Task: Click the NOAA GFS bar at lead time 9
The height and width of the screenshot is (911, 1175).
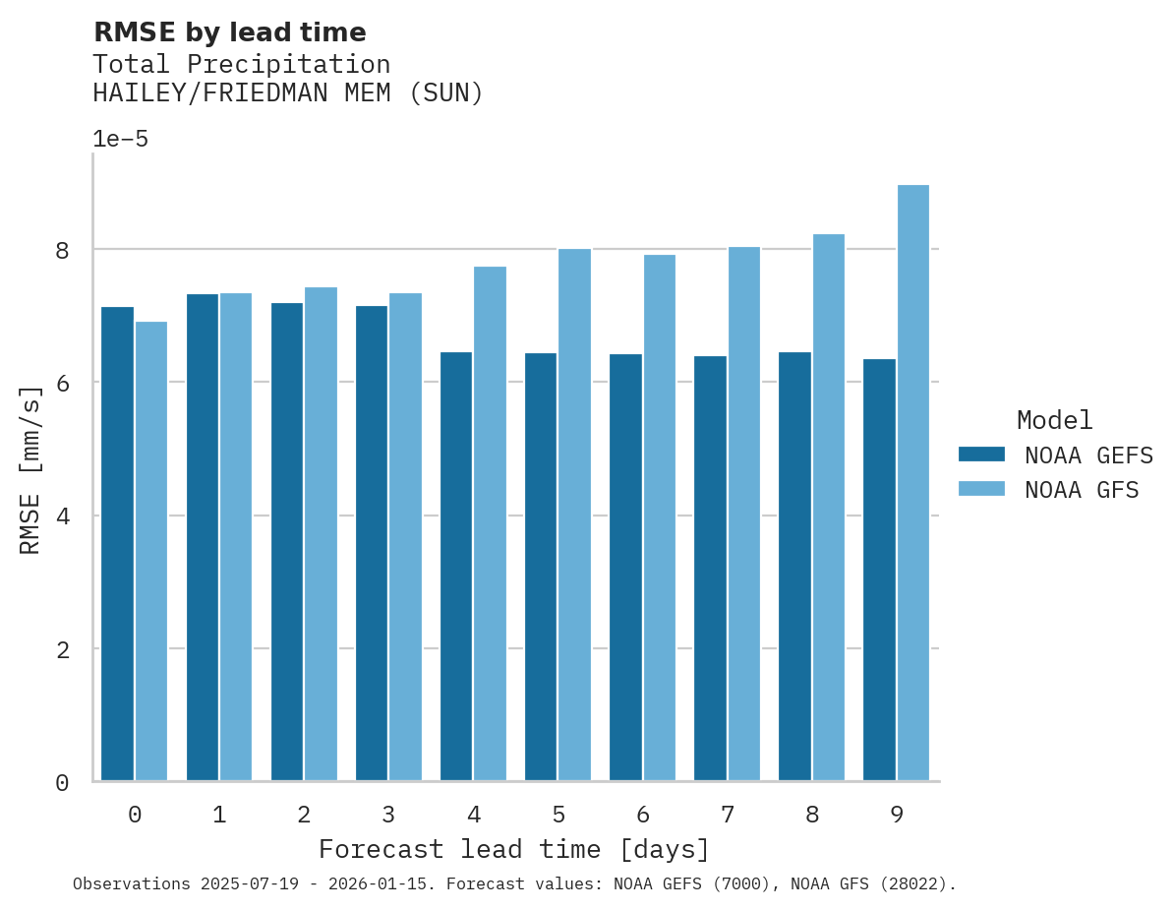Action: click(913, 483)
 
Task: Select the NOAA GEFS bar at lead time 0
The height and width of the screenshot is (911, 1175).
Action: click(118, 544)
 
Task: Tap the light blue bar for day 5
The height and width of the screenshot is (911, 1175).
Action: click(575, 515)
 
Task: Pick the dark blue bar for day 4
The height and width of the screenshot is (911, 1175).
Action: click(456, 567)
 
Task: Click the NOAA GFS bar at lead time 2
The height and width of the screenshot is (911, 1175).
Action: click(322, 534)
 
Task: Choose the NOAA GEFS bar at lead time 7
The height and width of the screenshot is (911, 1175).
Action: click(710, 569)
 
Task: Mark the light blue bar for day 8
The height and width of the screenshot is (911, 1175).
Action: click(829, 508)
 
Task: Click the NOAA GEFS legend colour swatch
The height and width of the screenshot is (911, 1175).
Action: click(981, 455)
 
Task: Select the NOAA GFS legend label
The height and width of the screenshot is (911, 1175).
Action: click(1082, 490)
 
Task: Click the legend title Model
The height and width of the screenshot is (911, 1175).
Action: click(1054, 421)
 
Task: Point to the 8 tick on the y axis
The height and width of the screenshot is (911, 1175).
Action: click(62, 251)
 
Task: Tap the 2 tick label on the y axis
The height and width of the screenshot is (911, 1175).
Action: click(62, 649)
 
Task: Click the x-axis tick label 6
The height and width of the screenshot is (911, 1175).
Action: click(643, 815)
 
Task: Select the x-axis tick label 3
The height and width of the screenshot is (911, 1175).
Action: click(389, 815)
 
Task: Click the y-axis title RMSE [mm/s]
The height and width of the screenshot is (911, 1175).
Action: click(31, 470)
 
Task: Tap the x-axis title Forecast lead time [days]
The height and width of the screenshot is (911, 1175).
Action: click(513, 849)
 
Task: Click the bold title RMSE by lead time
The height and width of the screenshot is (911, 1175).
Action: click(229, 32)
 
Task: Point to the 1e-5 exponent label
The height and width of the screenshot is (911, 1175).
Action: click(120, 139)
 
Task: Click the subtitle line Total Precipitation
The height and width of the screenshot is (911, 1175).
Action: click(241, 65)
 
